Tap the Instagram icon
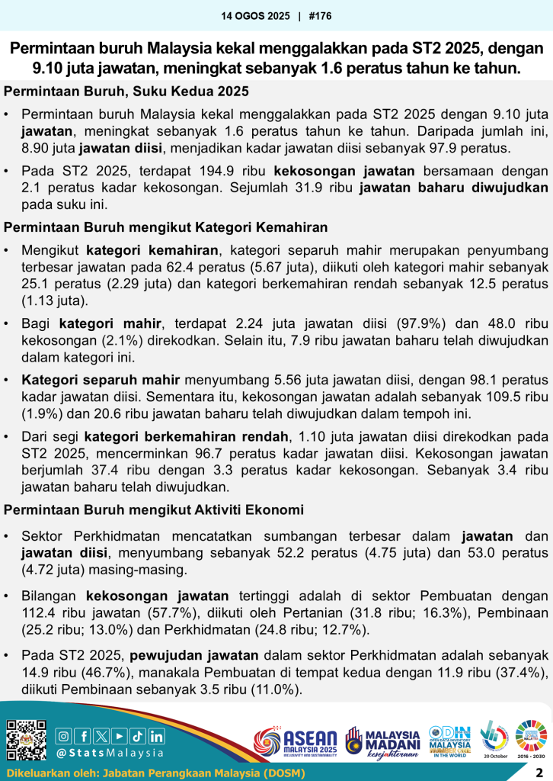click(65, 736)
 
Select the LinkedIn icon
click(156, 736)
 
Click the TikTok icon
click(138, 736)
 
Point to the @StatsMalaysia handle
click(110, 753)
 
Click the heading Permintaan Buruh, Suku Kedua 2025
click(127, 92)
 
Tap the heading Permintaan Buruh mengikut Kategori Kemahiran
click(166, 227)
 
